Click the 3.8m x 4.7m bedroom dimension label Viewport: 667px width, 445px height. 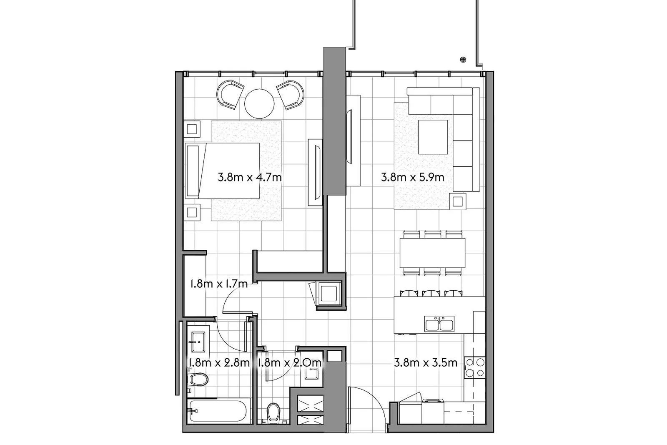point(250,178)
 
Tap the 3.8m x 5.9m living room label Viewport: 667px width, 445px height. point(412,178)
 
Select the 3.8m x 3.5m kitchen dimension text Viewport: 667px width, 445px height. point(426,363)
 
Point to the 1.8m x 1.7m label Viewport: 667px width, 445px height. point(219,284)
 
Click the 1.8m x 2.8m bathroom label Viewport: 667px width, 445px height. point(218,363)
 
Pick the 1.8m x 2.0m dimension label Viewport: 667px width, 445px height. point(289,363)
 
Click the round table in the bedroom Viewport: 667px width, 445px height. point(259,104)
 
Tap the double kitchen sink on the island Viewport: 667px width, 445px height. point(439,324)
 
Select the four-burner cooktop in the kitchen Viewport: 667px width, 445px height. point(475,368)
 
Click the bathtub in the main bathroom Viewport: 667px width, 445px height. point(218,411)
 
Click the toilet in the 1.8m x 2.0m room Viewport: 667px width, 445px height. point(273,412)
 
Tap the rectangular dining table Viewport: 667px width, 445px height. point(432,253)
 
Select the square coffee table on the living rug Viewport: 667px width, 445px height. point(433,137)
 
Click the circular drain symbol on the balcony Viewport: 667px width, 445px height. point(463,60)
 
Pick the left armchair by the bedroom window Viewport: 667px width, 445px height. point(230,95)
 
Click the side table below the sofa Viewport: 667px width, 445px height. point(458,202)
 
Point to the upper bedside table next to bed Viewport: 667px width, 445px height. point(192,129)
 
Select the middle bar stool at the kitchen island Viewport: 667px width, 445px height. point(431,293)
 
